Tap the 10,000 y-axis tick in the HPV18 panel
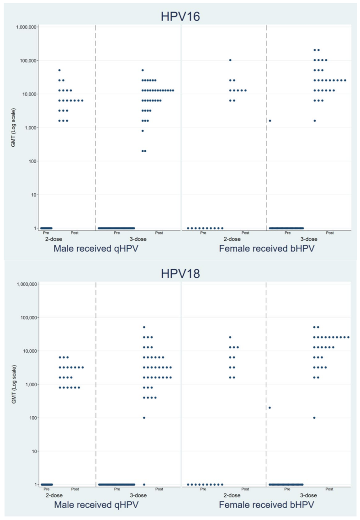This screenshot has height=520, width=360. coord(28,351)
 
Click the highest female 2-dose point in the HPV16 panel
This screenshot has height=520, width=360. coord(230,60)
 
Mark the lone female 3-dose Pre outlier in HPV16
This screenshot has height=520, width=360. coord(270,121)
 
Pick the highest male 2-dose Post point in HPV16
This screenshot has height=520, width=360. coord(59,70)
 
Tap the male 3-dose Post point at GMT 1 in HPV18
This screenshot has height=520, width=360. coord(144,484)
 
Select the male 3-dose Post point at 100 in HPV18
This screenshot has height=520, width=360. coord(144,418)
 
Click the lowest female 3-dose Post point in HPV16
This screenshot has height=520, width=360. coord(314,121)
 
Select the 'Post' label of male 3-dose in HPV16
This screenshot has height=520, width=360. coord(159,233)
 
